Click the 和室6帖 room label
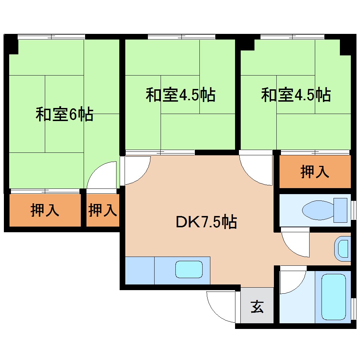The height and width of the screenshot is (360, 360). tap(64, 115)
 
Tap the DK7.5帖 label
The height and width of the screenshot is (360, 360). tap(206, 222)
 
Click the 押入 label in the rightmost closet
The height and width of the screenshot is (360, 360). tap(315, 172)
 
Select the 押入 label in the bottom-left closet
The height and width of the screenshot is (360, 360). tap(45, 210)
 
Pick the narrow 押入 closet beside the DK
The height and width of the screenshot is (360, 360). tap(102, 210)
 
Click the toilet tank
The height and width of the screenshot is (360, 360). tap(341, 210)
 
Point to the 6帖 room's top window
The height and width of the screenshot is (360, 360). tap(52, 37)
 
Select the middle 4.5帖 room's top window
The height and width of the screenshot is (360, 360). tap(181, 37)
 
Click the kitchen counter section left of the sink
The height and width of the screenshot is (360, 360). tap(140, 270)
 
